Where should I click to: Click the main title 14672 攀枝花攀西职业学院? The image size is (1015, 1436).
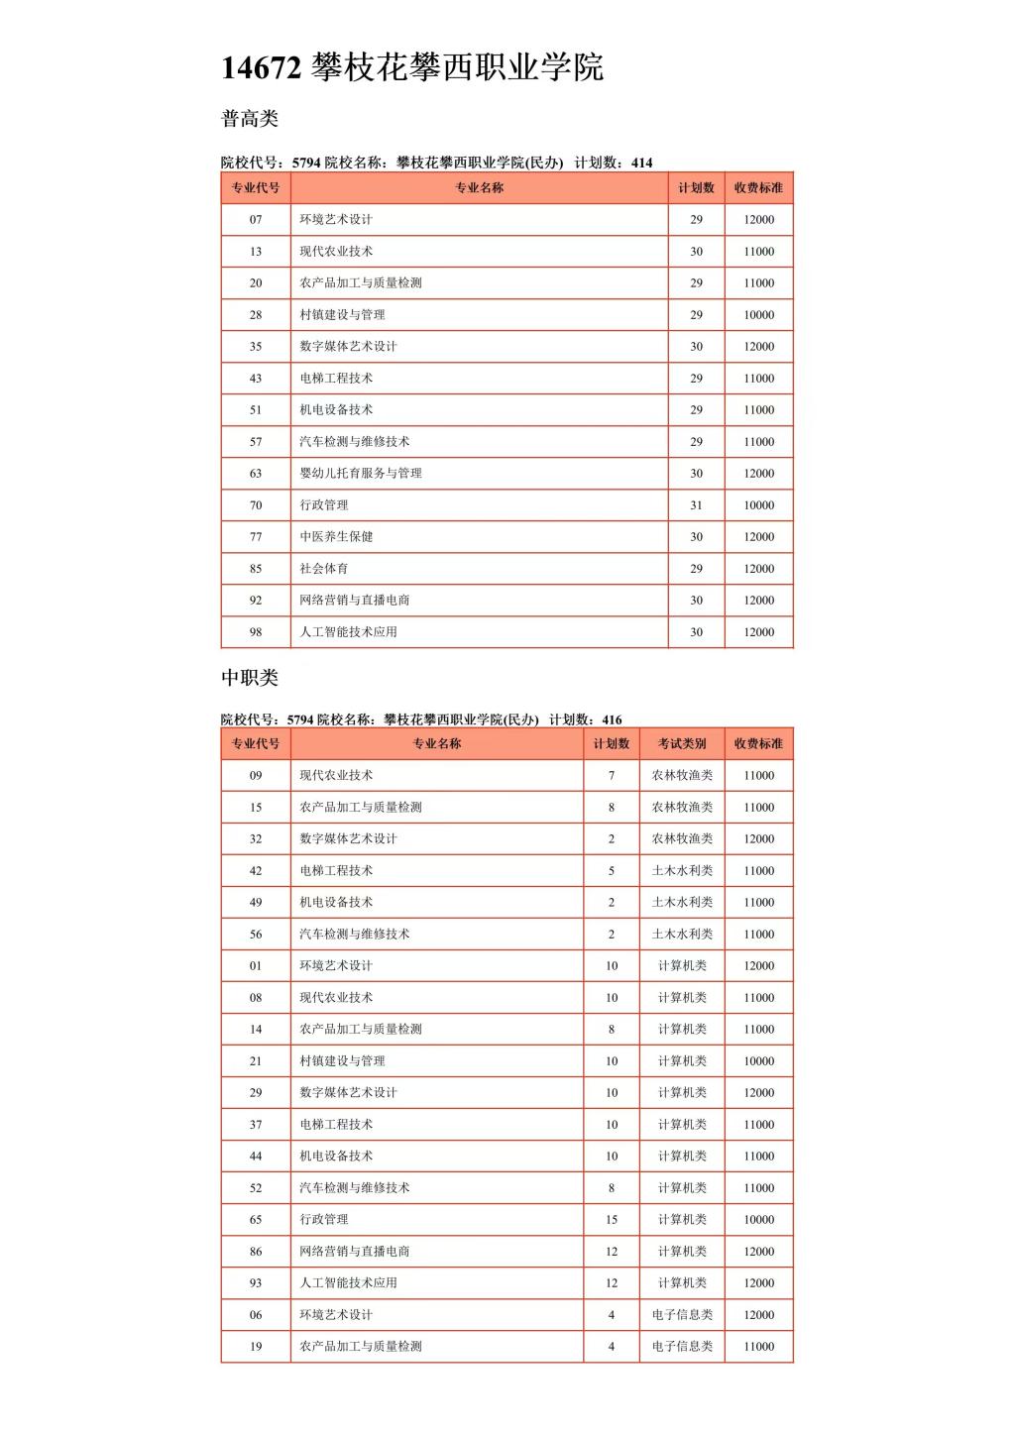pos(412,67)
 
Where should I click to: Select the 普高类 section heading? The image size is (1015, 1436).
pos(249,119)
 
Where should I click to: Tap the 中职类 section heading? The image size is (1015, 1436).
pos(249,678)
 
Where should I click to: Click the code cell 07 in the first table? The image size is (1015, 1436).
pos(256,219)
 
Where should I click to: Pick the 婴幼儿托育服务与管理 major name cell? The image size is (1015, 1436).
pos(361,473)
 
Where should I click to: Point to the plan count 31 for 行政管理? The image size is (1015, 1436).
pos(696,504)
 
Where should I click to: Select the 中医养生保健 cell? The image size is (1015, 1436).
pos(336,536)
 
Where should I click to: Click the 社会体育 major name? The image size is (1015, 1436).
pos(324,568)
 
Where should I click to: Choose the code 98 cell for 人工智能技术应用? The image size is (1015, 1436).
pos(256,631)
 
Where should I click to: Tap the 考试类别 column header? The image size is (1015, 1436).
pos(682,743)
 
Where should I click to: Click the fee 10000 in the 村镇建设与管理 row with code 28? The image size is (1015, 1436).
pos(758,314)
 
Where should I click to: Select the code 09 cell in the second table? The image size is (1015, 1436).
pos(256,775)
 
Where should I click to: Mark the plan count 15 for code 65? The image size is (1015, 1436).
pos(612,1219)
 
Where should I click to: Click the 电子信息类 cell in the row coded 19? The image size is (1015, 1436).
pos(682,1346)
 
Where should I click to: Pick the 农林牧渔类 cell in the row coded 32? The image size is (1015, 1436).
pos(682,838)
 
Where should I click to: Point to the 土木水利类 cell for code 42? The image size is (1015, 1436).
pos(682,870)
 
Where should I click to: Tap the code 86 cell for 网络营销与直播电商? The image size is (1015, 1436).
pos(256,1251)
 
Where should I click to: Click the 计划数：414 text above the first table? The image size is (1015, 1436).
pos(614,163)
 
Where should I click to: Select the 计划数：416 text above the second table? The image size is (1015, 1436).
pos(586,719)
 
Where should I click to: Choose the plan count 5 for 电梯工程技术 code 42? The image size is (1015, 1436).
pos(612,870)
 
